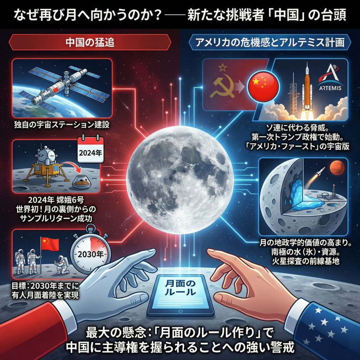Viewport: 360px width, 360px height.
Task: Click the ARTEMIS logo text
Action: pyautogui.click(x=330, y=88)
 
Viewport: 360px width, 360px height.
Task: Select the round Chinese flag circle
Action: pyautogui.click(x=263, y=87)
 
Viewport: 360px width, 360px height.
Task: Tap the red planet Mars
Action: pyautogui.click(x=337, y=168)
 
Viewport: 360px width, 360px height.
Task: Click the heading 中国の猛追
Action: pyautogui.click(x=90, y=42)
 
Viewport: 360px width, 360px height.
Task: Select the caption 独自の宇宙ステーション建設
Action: pyautogui.click(x=62, y=125)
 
